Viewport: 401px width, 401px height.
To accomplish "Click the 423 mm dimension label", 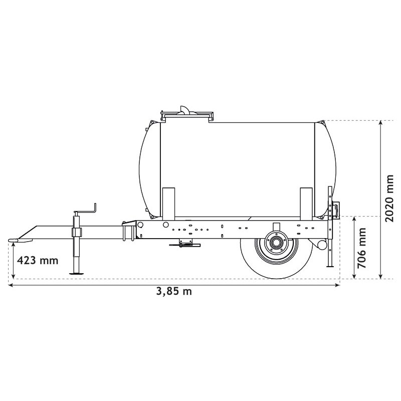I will pos(38,260).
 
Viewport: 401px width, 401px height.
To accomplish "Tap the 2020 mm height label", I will pos(390,198).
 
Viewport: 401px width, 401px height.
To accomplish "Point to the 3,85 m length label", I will pos(174,292).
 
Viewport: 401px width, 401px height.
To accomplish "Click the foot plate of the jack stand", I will pos(77,273).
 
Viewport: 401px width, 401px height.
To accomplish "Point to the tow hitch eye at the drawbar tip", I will pos(15,241).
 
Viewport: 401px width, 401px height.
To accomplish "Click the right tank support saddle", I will pos(306,203).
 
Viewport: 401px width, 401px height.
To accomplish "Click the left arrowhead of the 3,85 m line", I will pos(11,285).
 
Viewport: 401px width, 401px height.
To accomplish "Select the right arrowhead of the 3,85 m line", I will pos(338,285).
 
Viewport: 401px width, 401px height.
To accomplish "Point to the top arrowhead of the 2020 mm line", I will pos(381,123).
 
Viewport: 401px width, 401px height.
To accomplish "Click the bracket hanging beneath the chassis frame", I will pos(184,244).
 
